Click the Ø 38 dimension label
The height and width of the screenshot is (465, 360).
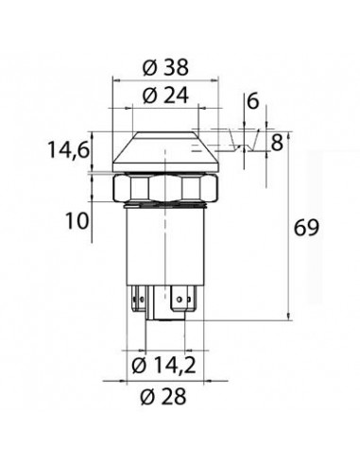point(165,67)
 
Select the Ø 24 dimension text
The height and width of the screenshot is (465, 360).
point(165,95)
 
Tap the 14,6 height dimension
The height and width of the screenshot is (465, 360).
point(69,149)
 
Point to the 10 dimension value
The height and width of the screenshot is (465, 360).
point(77,221)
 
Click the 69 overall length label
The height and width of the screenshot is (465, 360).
point(306,228)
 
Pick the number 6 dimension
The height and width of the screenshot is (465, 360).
point(253,102)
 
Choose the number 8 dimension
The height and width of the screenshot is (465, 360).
point(277,144)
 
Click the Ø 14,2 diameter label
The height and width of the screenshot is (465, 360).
point(163,366)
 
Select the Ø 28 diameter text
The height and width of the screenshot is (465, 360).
point(163,396)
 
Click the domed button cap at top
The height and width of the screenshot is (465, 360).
point(165,151)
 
